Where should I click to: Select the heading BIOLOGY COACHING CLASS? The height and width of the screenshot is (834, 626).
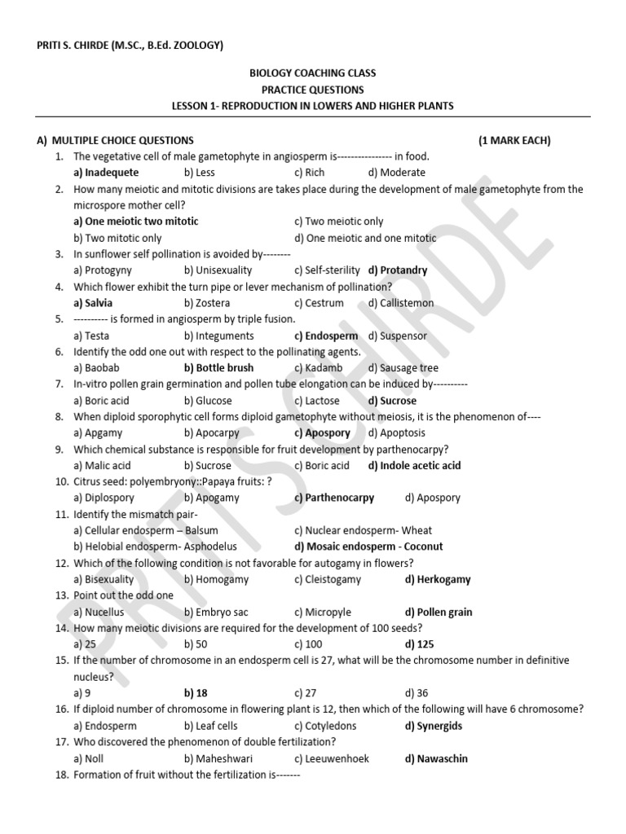[312, 73]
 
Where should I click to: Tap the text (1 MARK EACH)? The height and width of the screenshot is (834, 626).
[514, 140]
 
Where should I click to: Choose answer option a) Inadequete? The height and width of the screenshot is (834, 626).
[106, 173]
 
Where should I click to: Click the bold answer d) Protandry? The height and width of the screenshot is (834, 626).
[398, 270]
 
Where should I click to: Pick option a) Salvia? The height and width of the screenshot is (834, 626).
[93, 303]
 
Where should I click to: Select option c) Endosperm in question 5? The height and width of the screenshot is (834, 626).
[326, 336]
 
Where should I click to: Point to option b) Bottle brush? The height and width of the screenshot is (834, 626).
[218, 368]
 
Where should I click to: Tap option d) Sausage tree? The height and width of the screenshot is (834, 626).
[403, 368]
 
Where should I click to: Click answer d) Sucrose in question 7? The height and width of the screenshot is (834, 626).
[392, 401]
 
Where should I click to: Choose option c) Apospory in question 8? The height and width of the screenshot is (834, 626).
[322, 433]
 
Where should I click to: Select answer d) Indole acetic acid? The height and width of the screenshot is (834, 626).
[414, 466]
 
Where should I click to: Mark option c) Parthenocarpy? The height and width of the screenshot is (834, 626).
[334, 498]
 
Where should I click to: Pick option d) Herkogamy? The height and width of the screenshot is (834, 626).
[438, 580]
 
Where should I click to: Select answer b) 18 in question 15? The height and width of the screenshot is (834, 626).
[196, 693]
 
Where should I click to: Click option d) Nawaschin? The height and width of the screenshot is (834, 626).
[436, 758]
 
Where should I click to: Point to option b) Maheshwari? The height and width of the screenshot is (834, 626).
[218, 758]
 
